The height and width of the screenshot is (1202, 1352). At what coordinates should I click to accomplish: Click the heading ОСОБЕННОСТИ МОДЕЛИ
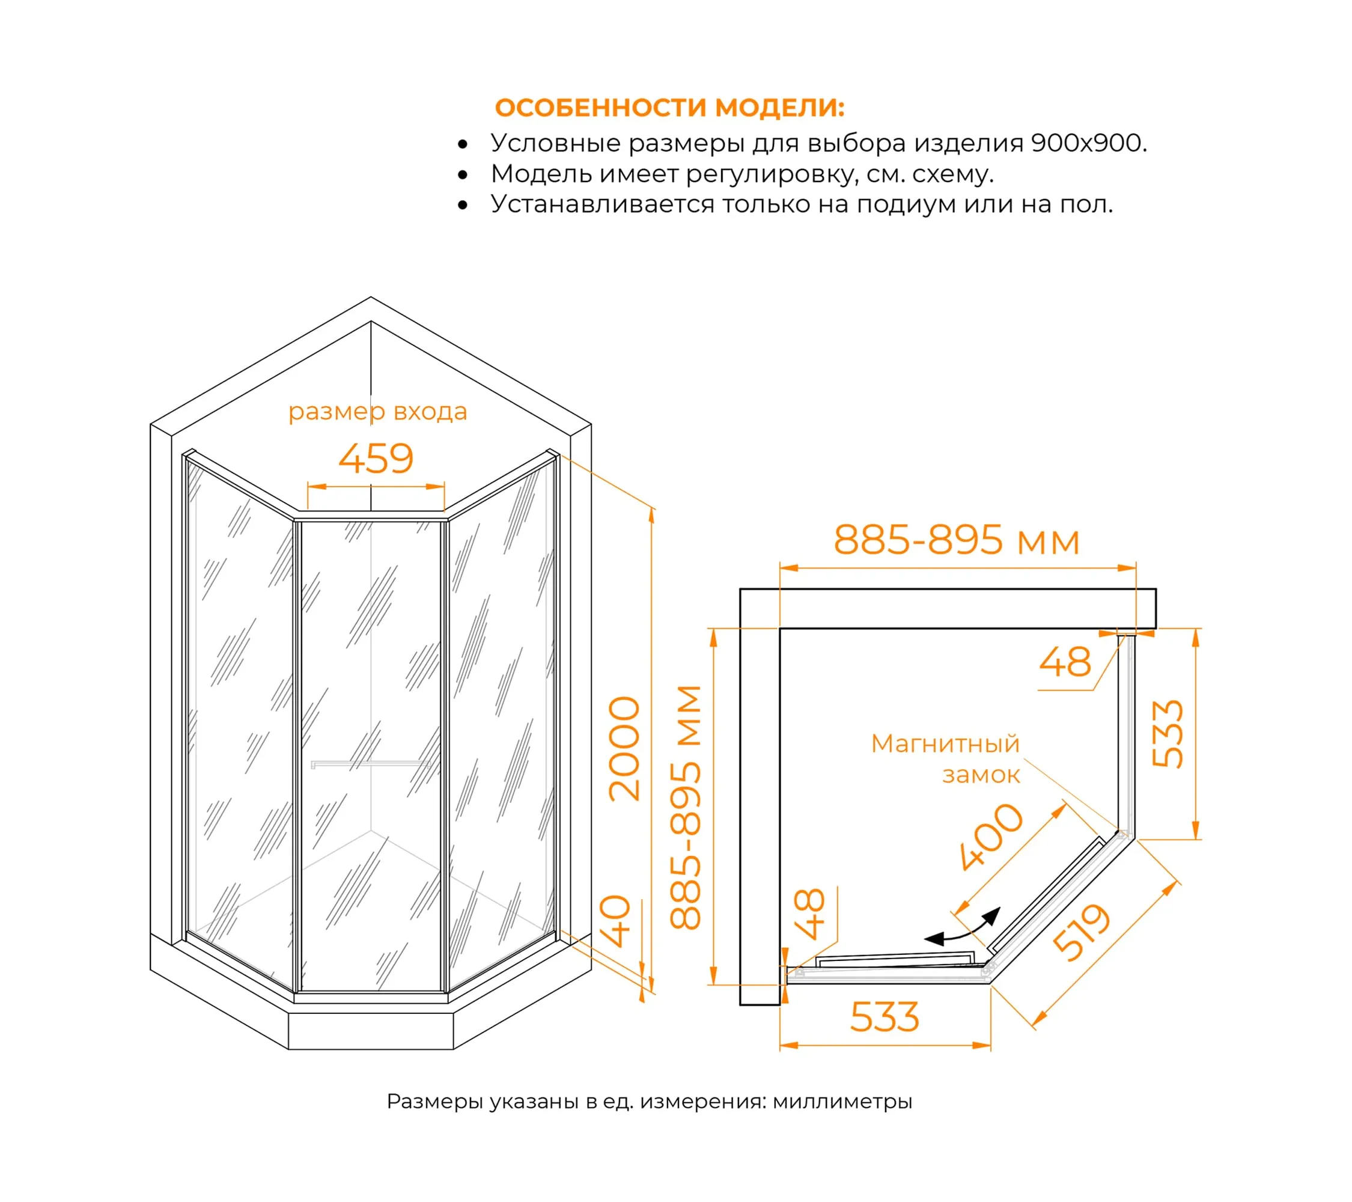tap(669, 108)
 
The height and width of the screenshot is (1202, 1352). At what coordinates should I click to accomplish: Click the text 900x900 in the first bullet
tap(1088, 143)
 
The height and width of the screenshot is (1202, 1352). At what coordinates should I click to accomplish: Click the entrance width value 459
tap(376, 459)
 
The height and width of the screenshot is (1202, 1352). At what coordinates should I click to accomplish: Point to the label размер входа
tap(378, 412)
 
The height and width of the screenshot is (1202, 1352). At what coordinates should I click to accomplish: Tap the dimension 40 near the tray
tap(615, 921)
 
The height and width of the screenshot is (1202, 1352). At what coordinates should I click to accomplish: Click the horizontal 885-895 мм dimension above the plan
tap(957, 540)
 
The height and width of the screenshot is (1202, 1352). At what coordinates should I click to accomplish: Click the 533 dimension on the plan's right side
tap(1168, 734)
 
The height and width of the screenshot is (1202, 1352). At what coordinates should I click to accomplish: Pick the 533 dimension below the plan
tap(885, 1017)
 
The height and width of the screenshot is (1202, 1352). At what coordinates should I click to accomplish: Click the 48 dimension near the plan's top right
tap(1065, 662)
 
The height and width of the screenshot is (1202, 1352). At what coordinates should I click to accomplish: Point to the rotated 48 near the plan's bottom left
tap(810, 914)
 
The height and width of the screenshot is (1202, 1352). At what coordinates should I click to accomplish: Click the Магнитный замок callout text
tap(946, 759)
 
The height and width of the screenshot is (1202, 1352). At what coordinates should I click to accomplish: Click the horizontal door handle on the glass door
tap(370, 764)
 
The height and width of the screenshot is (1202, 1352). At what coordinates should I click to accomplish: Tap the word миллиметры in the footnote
tap(842, 1102)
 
